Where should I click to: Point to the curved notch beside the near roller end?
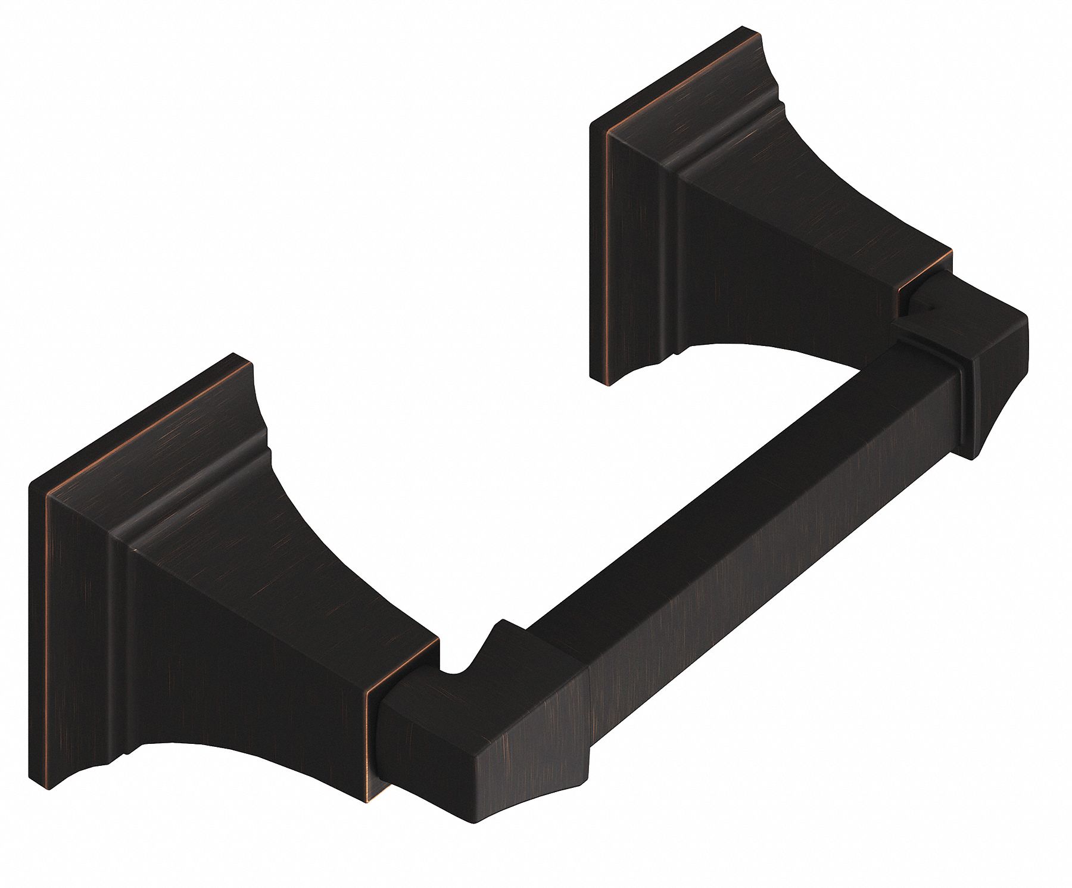coord(456,673)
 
